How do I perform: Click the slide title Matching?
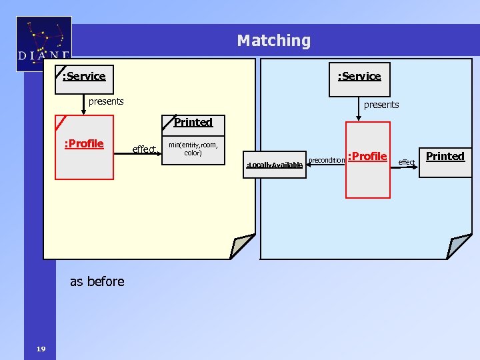point(273,41)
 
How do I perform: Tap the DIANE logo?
point(44,44)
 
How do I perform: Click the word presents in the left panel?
point(106,101)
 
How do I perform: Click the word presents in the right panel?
point(381,105)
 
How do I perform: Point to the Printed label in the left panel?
point(193,122)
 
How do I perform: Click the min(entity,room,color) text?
point(193,149)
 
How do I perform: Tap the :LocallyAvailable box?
point(275,164)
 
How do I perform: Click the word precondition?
point(327,160)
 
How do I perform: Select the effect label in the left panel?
point(144,149)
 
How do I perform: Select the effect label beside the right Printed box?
point(406,162)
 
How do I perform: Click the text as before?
point(97,281)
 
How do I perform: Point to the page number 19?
point(41,349)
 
